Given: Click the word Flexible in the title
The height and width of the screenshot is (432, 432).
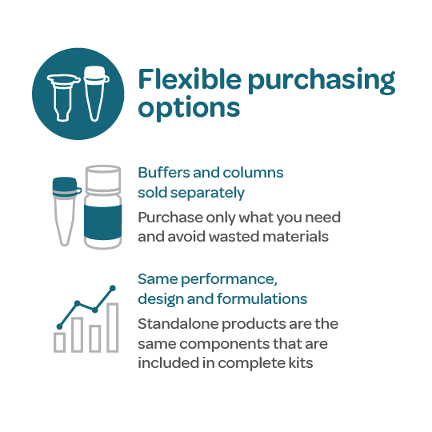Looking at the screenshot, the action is click(x=190, y=79).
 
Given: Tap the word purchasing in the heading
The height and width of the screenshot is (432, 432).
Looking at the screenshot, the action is click(x=322, y=82).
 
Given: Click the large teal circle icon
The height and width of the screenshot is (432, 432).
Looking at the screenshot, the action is click(x=78, y=94).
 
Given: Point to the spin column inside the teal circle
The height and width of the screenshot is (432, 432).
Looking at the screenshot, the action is click(x=63, y=97).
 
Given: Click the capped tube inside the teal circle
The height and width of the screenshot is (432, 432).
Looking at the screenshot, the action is click(x=96, y=94).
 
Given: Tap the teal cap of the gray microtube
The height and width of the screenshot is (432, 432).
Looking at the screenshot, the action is click(x=66, y=186).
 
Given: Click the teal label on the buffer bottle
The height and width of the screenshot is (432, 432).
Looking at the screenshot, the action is click(x=102, y=222).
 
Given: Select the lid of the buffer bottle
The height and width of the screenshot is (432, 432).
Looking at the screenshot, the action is click(x=102, y=178).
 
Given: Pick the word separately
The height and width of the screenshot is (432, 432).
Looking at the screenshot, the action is click(x=207, y=193).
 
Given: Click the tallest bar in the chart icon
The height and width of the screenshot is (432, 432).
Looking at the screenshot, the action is click(x=113, y=327).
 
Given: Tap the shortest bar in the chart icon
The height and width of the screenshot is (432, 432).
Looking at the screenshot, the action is click(x=59, y=342).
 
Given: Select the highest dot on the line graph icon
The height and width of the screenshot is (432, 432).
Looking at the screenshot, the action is click(x=113, y=288).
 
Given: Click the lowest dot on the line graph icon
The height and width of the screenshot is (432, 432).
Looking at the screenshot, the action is click(x=59, y=326).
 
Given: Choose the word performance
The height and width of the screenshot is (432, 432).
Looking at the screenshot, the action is click(x=229, y=280).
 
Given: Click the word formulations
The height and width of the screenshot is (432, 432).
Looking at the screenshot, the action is click(x=262, y=299).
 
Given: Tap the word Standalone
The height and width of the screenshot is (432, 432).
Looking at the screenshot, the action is click(x=178, y=324).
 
